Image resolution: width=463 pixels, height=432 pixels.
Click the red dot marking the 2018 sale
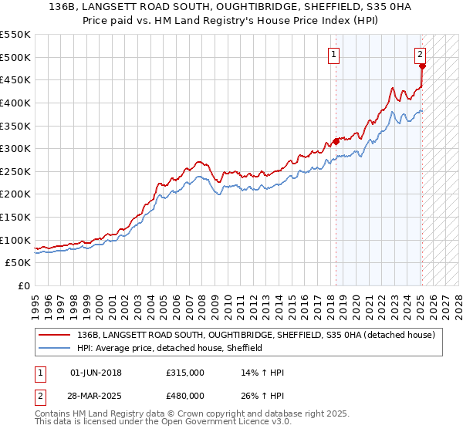click(336, 141)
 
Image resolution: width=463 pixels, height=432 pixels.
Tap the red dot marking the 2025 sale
click(422, 66)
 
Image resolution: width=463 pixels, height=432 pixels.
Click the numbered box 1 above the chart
click(334, 54)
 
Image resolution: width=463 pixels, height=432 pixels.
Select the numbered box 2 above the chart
click(420, 54)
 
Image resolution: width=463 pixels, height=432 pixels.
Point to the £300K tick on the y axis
click(15, 148)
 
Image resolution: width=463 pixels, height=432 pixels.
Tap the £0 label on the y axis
click(23, 286)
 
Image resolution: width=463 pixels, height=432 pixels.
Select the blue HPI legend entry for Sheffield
click(170, 348)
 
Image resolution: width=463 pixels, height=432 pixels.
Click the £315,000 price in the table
click(184, 373)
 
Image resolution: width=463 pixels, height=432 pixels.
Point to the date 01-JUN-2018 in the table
click(100, 373)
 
